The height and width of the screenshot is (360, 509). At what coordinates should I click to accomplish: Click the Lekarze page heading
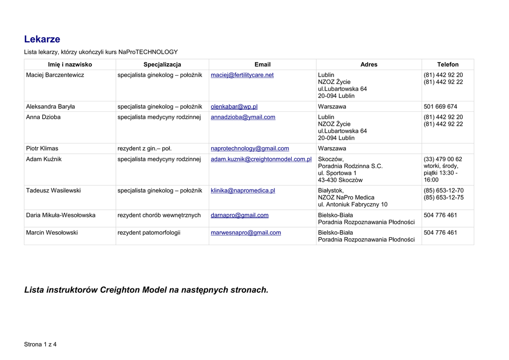click(42, 39)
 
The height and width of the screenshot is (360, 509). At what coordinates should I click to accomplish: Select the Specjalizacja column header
click(162, 65)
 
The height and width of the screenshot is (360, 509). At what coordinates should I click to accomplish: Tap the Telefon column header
click(447, 65)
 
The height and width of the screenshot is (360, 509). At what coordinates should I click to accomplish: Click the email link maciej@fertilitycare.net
click(242, 75)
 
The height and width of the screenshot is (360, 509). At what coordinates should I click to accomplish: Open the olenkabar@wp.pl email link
click(234, 107)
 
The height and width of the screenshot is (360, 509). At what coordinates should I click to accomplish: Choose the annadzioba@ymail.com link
click(243, 117)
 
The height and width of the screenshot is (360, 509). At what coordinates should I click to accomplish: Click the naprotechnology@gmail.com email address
click(250, 149)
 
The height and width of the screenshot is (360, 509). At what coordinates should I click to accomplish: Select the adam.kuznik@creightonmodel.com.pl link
click(261, 159)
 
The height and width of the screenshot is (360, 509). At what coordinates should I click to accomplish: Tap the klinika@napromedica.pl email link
click(243, 190)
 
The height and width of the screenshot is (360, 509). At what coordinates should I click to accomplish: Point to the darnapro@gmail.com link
click(240, 215)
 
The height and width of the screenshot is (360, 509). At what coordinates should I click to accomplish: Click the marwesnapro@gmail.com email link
click(246, 233)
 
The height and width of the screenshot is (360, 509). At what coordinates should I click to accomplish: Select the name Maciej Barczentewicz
click(55, 75)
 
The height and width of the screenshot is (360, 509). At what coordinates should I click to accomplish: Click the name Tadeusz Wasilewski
click(53, 190)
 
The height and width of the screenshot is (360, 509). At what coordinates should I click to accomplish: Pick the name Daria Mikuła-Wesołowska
click(61, 215)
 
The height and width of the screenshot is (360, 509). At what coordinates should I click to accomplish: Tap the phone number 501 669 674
click(440, 107)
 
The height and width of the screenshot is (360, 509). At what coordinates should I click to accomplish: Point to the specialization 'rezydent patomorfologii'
click(149, 233)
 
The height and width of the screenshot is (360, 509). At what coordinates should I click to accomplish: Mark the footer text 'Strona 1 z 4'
click(41, 345)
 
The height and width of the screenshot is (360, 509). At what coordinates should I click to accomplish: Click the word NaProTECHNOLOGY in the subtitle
click(148, 52)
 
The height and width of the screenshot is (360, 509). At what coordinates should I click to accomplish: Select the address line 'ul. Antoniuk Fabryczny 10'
click(352, 204)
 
